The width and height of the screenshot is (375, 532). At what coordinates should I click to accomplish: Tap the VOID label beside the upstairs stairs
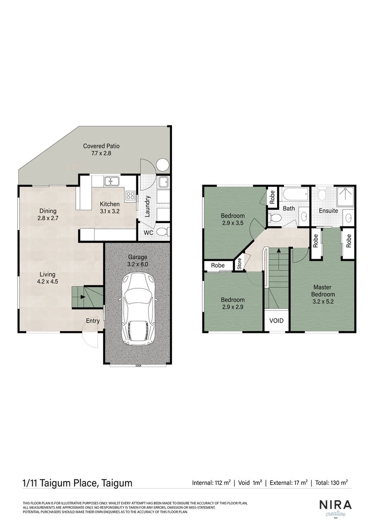(x=275, y=322)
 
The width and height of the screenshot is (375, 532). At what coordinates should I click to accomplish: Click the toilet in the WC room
(x=161, y=231)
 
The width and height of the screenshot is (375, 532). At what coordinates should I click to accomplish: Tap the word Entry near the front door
(x=92, y=321)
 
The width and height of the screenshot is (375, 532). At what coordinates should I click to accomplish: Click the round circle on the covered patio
(x=162, y=165)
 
